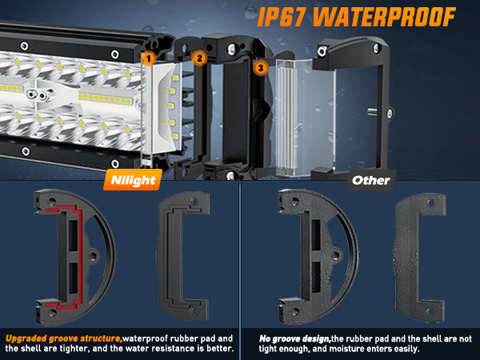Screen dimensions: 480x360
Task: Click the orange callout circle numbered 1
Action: [149, 58]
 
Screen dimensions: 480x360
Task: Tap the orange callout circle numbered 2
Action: [199, 58]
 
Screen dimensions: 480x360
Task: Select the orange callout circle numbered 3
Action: [261, 68]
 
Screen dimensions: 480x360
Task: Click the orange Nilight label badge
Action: [133, 180]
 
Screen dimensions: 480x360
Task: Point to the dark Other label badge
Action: [370, 180]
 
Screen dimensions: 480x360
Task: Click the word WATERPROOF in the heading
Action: [384, 17]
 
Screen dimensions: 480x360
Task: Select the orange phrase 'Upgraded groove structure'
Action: [63, 338]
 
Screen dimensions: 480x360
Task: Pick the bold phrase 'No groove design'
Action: [294, 339]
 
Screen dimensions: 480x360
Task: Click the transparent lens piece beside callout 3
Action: [306, 118]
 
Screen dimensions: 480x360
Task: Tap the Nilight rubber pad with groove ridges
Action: [183, 257]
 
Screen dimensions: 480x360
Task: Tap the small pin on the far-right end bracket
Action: [372, 111]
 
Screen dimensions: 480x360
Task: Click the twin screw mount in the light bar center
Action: [38, 94]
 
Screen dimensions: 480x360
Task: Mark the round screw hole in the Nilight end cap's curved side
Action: [93, 256]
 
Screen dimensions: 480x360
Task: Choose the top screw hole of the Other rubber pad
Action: [431, 202]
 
